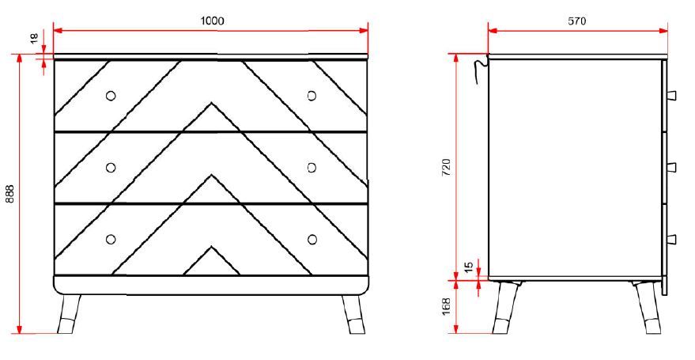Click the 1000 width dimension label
tap(211, 21)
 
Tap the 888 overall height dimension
tap(10, 195)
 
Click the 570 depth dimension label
tap(577, 21)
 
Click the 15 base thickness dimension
tap(468, 268)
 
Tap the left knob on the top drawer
tap(111, 96)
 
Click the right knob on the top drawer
tap(312, 96)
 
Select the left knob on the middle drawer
tap(111, 167)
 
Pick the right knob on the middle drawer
tap(312, 167)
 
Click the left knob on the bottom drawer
tap(111, 239)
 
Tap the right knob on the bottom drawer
tap(312, 239)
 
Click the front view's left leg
tap(70, 313)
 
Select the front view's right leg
tap(352, 313)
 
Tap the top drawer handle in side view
tap(671, 96)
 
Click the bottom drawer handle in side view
tap(671, 239)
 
